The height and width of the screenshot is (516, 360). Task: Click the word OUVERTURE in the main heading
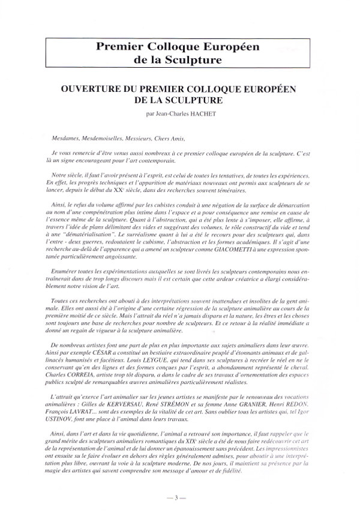click(89, 87)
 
